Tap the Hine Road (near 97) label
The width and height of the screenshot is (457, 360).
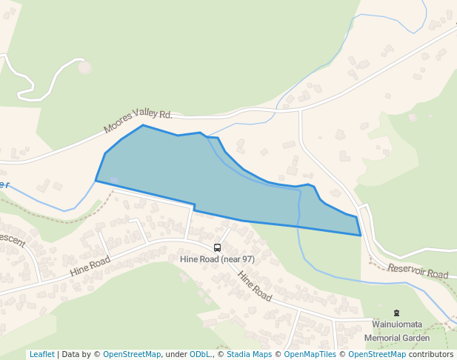pos(217,259)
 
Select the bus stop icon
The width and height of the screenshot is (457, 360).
pos(217,248)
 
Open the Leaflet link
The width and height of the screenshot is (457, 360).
pos(41,354)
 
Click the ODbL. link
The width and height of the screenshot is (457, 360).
pos(201,354)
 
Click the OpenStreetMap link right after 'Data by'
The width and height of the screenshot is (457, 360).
pos(132,354)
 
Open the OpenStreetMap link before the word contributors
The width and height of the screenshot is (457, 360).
pos(377,354)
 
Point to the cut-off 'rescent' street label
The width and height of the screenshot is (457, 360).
pos(11,241)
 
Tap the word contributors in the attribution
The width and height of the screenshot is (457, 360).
pos(430,354)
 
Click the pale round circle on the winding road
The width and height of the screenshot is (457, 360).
pos(85,67)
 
